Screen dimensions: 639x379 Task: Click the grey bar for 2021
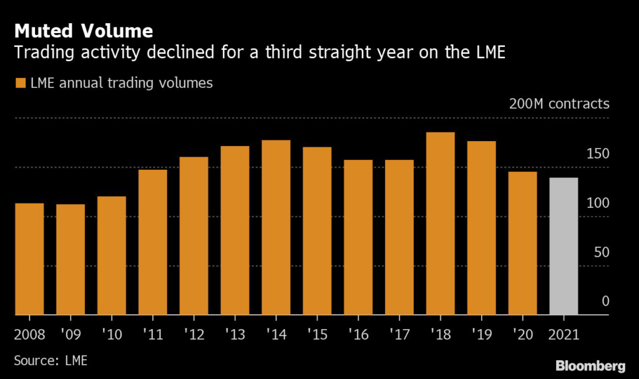point(563,246)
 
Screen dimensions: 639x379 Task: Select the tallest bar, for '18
point(440,224)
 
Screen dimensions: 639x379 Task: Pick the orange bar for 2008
point(29,259)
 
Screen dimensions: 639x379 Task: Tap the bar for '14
point(276,227)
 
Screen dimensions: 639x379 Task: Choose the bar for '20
point(522,243)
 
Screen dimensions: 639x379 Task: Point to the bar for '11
point(153,242)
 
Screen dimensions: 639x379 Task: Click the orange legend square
point(21,83)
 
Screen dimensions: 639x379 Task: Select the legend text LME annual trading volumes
point(122,83)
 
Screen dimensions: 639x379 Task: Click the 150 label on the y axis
point(598,154)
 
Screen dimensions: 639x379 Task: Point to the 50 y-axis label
point(602,252)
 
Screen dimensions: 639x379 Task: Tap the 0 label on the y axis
point(605,301)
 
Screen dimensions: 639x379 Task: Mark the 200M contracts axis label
point(559,104)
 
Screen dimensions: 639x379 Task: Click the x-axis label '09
point(71,335)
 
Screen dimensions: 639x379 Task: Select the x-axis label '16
point(358,335)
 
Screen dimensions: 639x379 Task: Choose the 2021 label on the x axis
point(563,335)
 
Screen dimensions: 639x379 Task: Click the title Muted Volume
point(84,31)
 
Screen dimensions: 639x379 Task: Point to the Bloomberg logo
point(590,366)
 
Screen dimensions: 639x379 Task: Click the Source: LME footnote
point(51,361)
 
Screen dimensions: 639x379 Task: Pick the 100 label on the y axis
point(598,203)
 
